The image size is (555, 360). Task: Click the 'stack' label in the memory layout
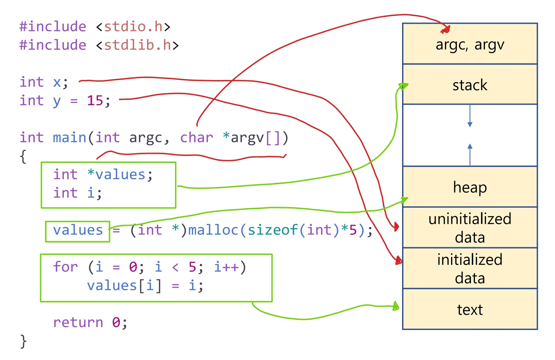[x=470, y=85]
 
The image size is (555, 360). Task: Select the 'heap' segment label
[x=470, y=187]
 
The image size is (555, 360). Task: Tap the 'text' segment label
[x=470, y=310]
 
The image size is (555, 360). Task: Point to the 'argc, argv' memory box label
[x=470, y=45]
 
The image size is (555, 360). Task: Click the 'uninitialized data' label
[x=470, y=228]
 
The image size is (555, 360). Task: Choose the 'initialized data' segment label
[x=470, y=269]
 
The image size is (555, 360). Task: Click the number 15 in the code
[x=95, y=100]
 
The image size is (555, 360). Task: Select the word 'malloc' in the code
[x=213, y=230]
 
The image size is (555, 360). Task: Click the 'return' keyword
[x=78, y=322]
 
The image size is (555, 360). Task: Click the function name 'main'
[x=69, y=137]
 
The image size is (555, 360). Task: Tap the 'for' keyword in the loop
[x=65, y=267]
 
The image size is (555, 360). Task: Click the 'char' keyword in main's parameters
[x=197, y=137]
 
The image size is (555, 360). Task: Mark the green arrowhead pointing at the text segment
[x=396, y=306]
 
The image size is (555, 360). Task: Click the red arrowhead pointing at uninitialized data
[x=396, y=227]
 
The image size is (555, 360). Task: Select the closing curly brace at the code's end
[x=24, y=341]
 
